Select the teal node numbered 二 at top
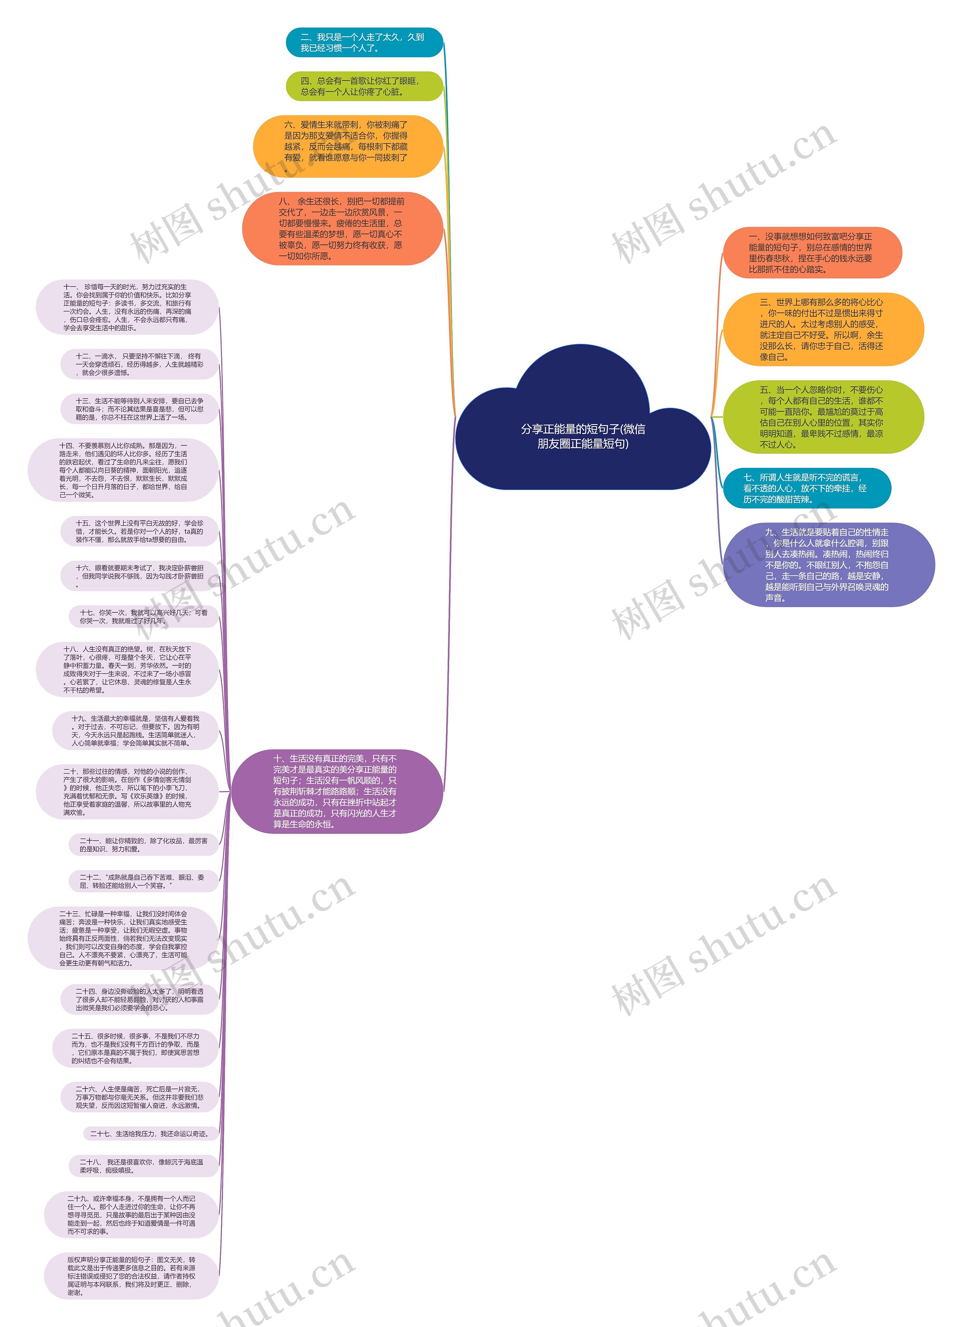[x=363, y=42]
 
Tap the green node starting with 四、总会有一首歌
[x=363, y=86]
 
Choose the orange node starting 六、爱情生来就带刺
[x=348, y=146]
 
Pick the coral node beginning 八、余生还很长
[x=342, y=228]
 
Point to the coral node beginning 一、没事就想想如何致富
[x=812, y=253]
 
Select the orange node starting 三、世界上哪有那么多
[x=823, y=329]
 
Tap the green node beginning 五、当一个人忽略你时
[x=823, y=417]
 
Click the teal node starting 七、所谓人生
[x=807, y=488]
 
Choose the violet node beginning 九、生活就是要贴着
[x=828, y=565]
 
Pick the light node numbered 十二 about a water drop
[x=139, y=364]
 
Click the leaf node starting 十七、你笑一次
[x=143, y=617]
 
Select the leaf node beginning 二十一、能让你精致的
[x=143, y=845]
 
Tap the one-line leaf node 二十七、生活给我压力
[x=150, y=1133]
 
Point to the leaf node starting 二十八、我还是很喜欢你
[x=143, y=1166]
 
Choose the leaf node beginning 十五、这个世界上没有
[x=139, y=531]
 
